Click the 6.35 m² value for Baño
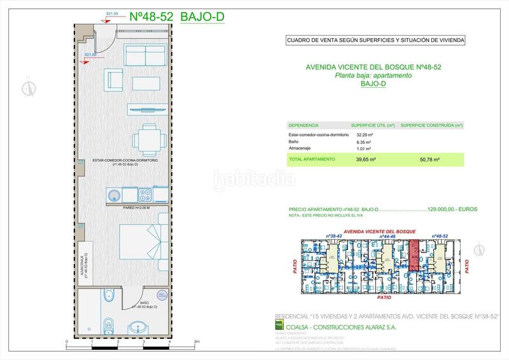364,143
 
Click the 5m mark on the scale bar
197,342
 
